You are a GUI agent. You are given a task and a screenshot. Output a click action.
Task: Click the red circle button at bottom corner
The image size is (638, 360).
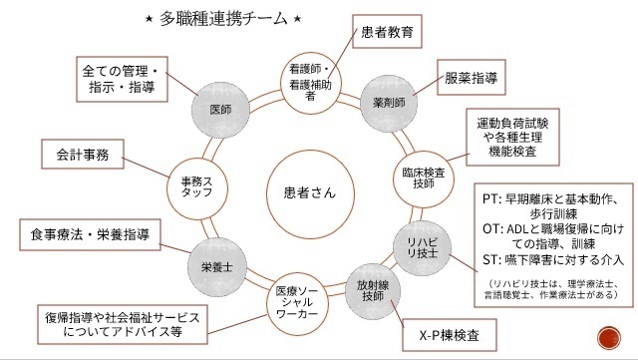tap(604, 336)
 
